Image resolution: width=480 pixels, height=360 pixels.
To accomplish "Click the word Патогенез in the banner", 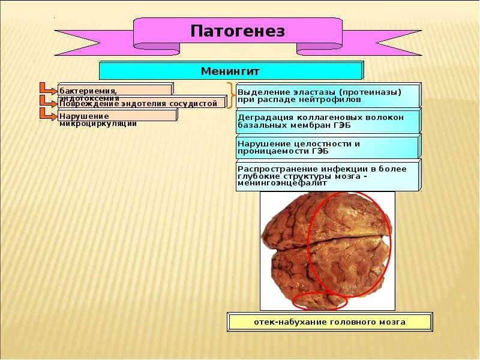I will click(238, 31).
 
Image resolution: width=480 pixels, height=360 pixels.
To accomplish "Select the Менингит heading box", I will click(230, 71).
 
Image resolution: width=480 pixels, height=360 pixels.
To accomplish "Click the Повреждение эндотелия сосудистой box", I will click(142, 103).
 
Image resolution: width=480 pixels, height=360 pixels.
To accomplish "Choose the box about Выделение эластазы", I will click(328, 95).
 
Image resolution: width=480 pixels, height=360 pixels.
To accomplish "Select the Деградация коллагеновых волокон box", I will click(328, 121).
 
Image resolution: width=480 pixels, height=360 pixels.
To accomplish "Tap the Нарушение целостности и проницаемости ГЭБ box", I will click(328, 146).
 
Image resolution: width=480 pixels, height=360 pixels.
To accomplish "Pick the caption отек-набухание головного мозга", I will click(329, 322).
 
